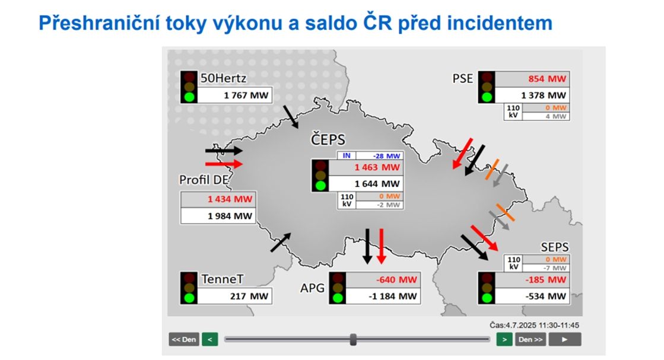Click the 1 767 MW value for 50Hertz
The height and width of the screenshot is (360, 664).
tap(246, 95)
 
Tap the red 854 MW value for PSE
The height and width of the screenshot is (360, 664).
tap(547, 79)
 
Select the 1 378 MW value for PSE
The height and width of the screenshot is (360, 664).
tap(544, 95)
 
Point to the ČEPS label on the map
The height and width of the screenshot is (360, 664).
tap(328, 139)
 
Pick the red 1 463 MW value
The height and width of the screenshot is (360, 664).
tap(377, 167)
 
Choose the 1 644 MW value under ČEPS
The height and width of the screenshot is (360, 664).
tap(377, 184)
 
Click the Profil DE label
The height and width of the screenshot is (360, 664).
tap(204, 180)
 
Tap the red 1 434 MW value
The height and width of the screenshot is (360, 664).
tap(230, 199)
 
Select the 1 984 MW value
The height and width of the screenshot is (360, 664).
tap(230, 216)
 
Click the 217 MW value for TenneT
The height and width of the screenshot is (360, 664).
tap(249, 296)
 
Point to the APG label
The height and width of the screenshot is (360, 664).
tap(312, 288)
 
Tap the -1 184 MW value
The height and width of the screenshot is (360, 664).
tap(393, 297)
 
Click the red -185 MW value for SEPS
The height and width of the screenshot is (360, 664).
tap(545, 279)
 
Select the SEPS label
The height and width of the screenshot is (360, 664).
tap(554, 247)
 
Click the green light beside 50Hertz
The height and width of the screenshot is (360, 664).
tap(189, 97)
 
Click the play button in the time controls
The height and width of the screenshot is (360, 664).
tap(564, 339)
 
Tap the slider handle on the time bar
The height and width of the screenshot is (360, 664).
tap(353, 339)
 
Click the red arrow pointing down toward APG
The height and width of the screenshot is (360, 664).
tap(381, 246)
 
